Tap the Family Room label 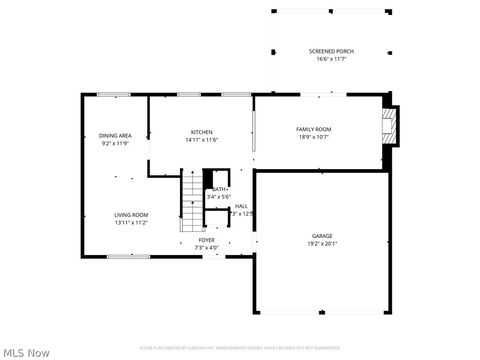click(313, 129)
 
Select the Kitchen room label click(202, 132)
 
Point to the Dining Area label click(115, 135)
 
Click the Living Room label click(130, 215)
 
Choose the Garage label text click(322, 236)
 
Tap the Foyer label click(206, 240)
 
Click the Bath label click(219, 189)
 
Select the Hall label click(241, 206)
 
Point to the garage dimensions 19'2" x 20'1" click(322, 244)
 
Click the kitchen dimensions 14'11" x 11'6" click(202, 140)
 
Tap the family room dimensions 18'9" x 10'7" click(313, 137)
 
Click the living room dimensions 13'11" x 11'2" click(130, 223)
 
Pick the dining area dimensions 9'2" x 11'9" click(115, 143)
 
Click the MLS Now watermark click(26, 352)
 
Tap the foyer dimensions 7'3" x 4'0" click(206, 247)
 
